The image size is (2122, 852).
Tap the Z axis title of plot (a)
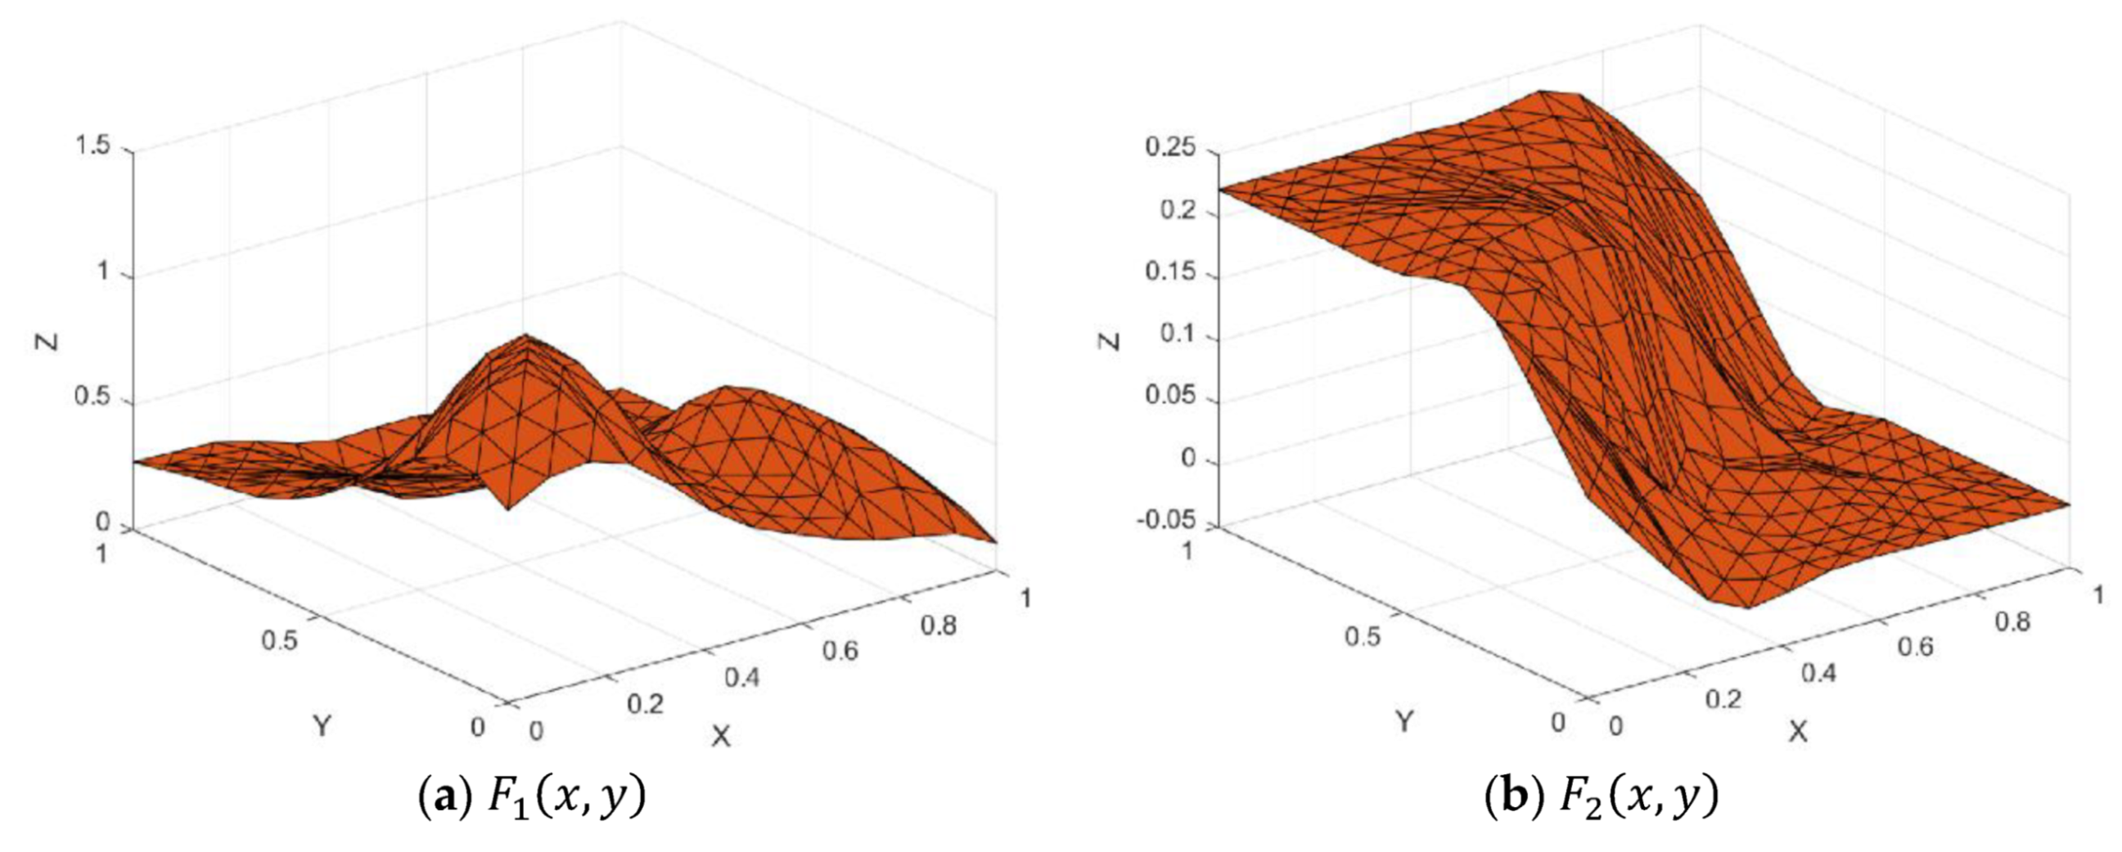47,339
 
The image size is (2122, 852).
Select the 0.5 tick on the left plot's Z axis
93,396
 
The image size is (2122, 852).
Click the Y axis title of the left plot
322,726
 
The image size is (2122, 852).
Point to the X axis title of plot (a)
721,737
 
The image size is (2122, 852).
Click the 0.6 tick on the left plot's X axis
840,651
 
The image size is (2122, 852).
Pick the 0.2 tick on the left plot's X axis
645,705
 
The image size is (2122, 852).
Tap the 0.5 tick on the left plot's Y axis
280,639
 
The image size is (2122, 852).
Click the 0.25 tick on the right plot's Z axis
1169,149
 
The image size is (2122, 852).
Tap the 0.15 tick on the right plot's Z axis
1169,272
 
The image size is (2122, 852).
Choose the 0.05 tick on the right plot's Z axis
1169,396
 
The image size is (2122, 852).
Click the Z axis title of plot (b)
1111,339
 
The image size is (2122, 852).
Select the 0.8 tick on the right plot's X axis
2012,621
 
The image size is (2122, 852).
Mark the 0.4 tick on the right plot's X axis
1818,674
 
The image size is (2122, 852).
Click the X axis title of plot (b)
1797,731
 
